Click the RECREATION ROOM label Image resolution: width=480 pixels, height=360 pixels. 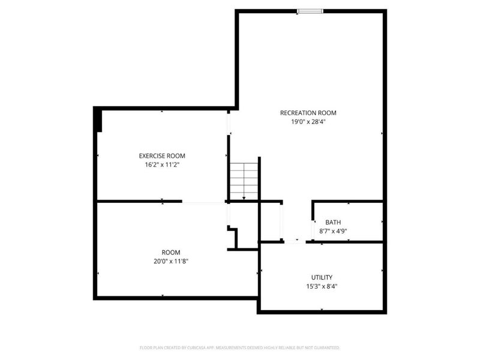[308, 113]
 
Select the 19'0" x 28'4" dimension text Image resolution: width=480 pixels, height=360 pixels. [308, 121]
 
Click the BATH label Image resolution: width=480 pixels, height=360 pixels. [333, 223]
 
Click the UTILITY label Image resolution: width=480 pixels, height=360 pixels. [322, 277]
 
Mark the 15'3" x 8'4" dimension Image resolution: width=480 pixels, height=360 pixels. [322, 286]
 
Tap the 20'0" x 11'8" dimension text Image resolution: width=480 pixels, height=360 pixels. [170, 261]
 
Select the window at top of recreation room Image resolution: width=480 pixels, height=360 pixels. [310, 10]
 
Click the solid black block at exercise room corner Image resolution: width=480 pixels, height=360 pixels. [98, 119]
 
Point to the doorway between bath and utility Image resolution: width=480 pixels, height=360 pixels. [294, 242]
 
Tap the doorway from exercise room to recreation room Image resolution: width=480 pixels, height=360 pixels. [228, 122]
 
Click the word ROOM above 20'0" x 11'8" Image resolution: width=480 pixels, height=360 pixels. [170, 253]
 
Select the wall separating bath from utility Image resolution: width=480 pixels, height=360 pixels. [348, 242]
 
